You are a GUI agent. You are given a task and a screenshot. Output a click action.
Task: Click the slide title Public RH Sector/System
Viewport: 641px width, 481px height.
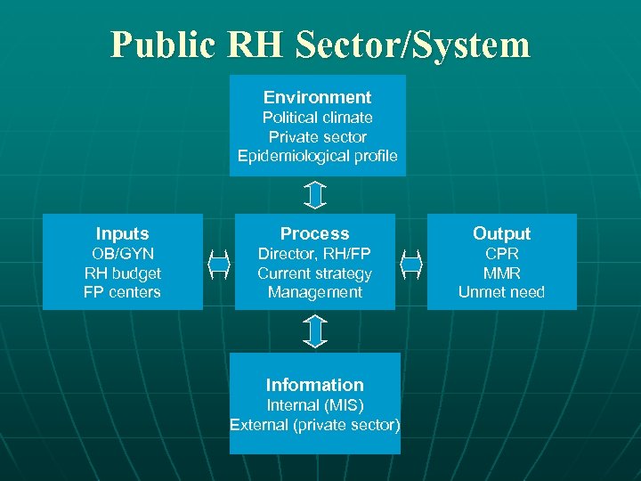pos(320,44)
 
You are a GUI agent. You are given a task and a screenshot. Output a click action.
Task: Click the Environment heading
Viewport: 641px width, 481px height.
pos(317,97)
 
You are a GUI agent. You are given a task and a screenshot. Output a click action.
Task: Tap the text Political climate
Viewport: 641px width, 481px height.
pos(317,118)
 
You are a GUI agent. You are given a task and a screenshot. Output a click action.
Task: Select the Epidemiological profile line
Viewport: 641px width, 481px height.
pos(317,157)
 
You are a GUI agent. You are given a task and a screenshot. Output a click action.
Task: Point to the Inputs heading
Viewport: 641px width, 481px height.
pos(122,233)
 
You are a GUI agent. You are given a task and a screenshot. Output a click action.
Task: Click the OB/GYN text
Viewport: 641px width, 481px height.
pos(122,254)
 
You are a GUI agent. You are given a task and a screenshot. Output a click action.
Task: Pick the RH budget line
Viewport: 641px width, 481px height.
pos(122,273)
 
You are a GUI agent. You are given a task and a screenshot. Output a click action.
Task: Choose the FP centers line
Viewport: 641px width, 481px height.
pos(122,292)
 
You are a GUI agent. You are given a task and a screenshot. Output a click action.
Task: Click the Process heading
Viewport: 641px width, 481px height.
pos(314,233)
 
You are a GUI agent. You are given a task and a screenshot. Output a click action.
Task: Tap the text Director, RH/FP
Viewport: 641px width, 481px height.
pos(314,254)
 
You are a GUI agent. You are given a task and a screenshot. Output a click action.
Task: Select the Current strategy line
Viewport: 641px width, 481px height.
pos(314,273)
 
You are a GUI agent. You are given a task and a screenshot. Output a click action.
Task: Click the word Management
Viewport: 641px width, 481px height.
pos(314,292)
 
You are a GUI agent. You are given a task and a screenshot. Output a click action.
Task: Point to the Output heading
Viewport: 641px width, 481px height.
pos(501,233)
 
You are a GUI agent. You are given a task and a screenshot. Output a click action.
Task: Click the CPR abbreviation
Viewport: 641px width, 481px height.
pos(501,254)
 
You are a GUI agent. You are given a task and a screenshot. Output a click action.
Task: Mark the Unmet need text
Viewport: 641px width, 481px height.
pos(501,292)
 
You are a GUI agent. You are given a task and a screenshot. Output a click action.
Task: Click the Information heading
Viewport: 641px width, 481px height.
pos(314,385)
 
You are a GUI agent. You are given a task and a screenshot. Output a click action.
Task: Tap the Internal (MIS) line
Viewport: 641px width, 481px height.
pos(314,405)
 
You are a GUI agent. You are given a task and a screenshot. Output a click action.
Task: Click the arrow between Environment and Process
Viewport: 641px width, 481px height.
pos(315,195)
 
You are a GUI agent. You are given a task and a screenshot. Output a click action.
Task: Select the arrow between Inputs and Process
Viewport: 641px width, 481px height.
pos(219,265)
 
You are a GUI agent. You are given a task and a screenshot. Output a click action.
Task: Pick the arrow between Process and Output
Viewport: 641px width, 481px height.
pos(410,265)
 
